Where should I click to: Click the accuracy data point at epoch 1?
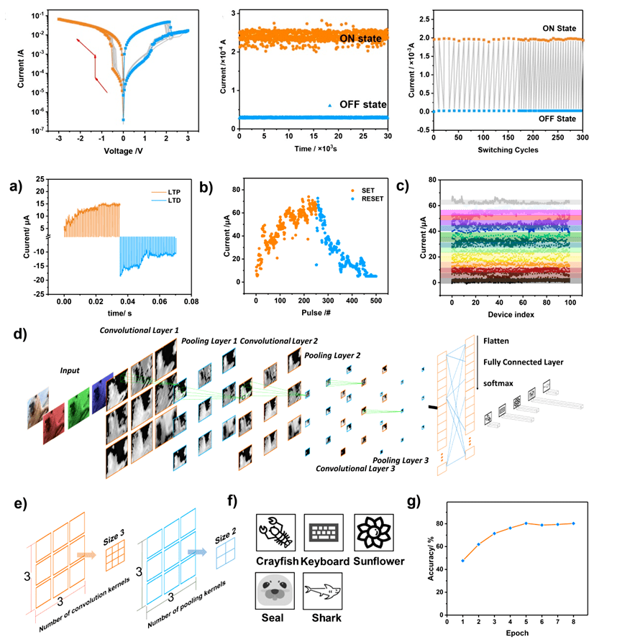[462, 560]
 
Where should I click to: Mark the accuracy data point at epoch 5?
[526, 523]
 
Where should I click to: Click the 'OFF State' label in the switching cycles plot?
[560, 118]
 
